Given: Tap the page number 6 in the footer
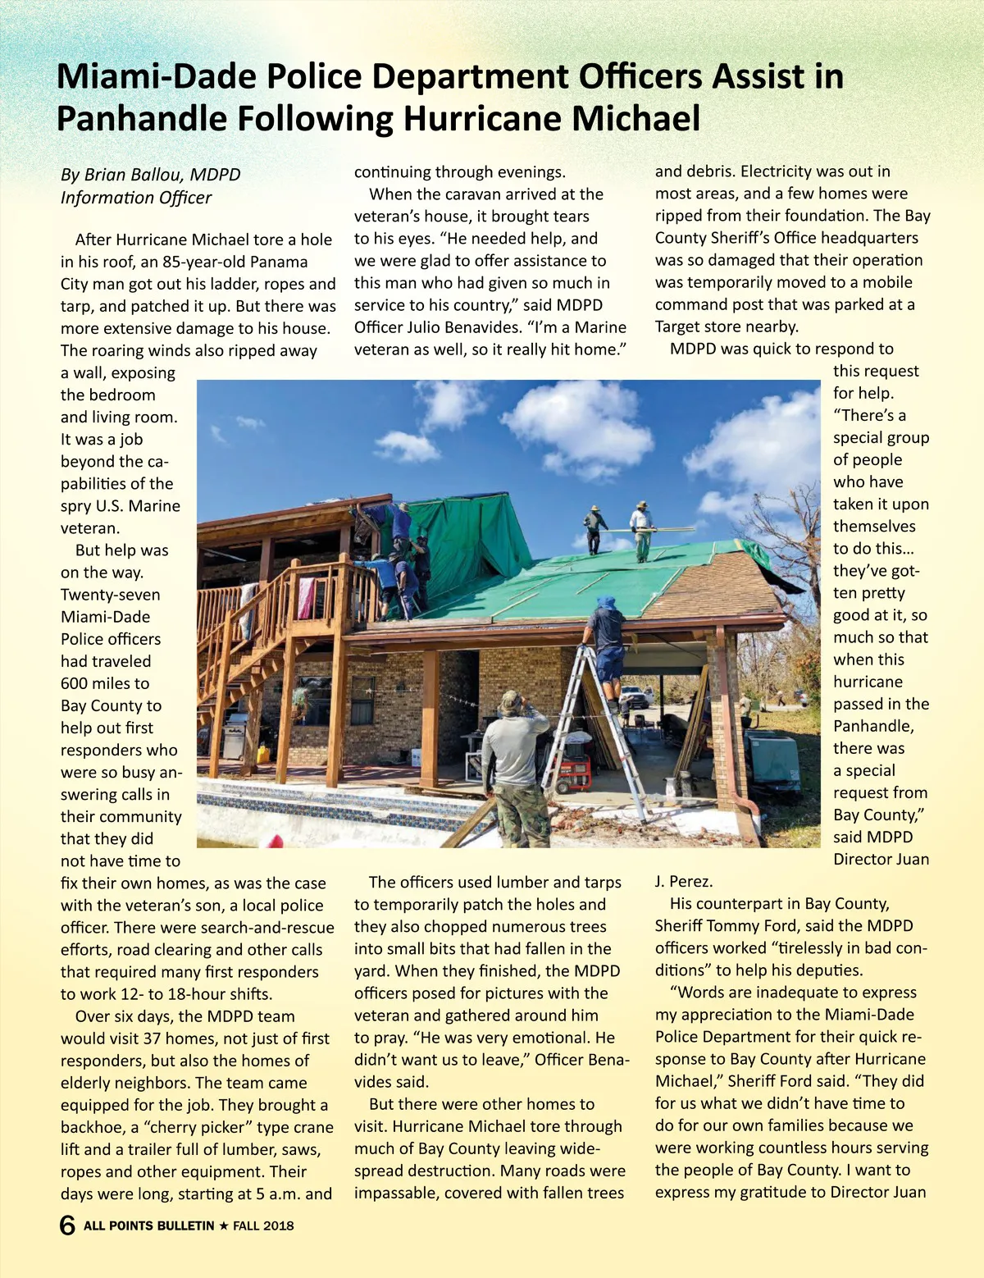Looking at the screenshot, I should (67, 1226).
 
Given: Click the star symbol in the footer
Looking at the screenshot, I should (223, 1226).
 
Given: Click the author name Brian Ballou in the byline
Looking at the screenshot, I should (133, 175).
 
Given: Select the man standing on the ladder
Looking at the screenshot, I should (606, 640).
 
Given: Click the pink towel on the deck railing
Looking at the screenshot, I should (306, 598).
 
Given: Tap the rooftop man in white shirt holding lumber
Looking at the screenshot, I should (641, 529).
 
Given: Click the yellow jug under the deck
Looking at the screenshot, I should (262, 753).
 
